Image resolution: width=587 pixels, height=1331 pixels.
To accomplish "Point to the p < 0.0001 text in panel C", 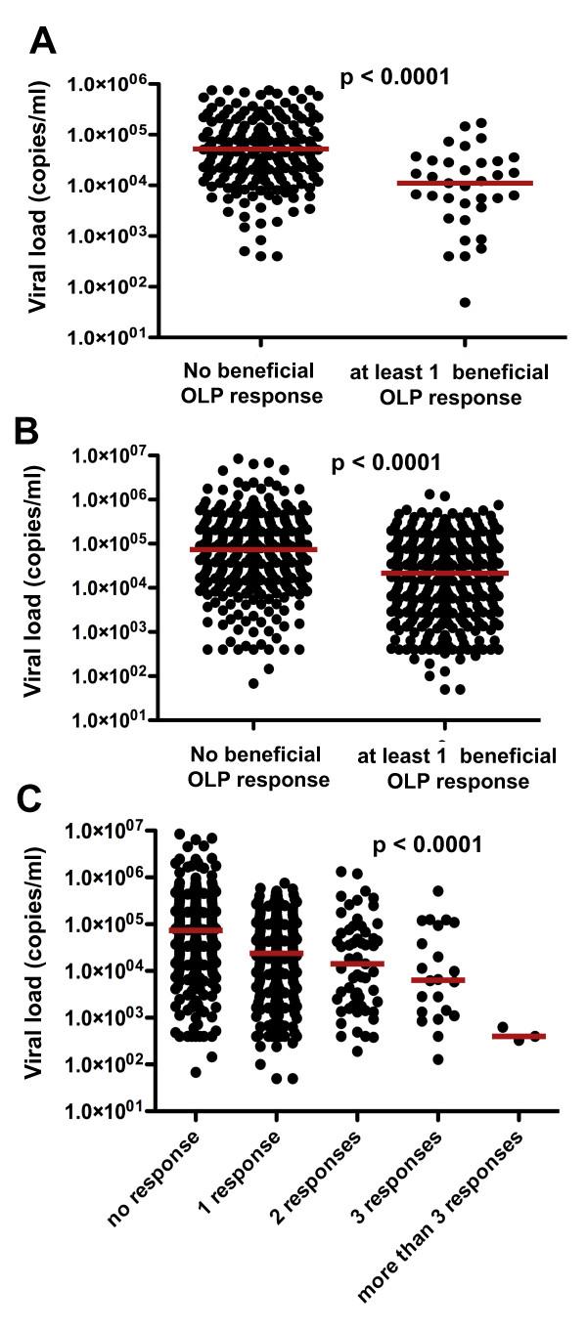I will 428,843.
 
